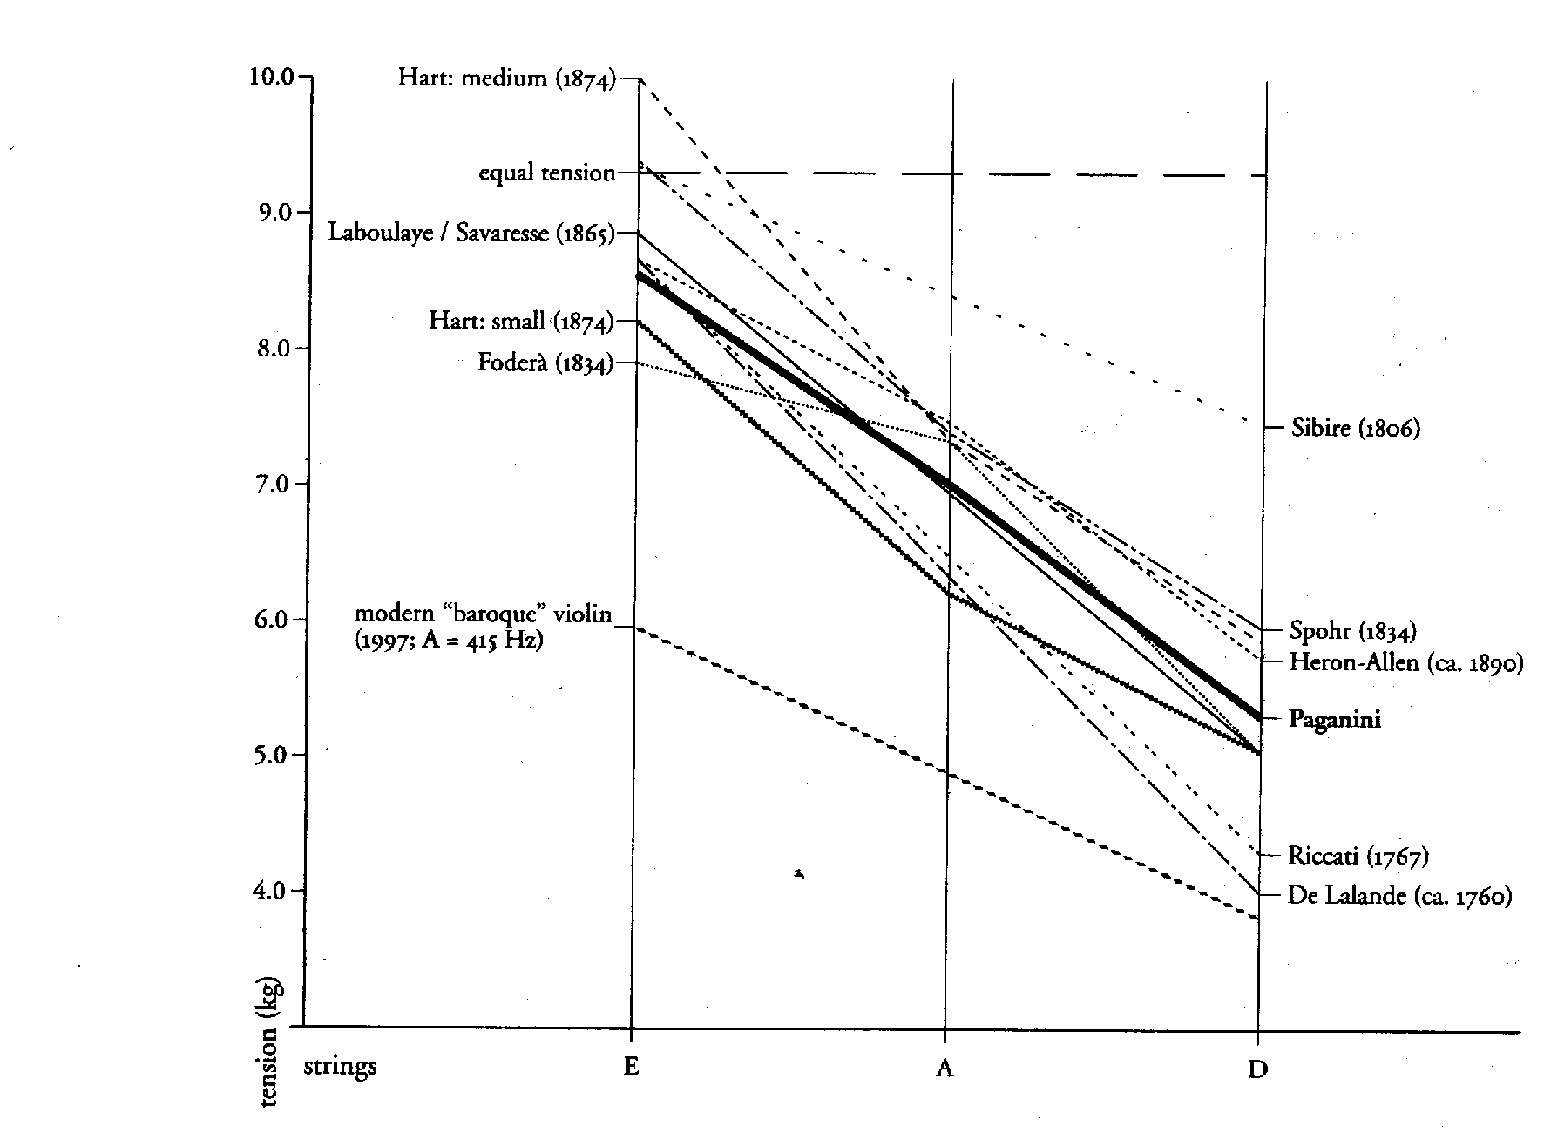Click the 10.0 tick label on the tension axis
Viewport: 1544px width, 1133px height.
272,76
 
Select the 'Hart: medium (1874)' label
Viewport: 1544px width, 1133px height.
506,78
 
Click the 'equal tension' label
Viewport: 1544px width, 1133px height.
546,173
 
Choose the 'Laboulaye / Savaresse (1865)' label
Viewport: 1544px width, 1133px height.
471,233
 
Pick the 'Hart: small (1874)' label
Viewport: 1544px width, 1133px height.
520,321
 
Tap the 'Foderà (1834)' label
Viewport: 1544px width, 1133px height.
544,362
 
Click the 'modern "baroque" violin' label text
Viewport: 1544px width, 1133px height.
484,614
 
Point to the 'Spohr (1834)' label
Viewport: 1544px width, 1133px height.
1351,630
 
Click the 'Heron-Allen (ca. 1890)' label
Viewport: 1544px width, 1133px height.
1405,662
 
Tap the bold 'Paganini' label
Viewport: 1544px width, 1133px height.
1334,719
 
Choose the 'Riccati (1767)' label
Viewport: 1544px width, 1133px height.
1358,856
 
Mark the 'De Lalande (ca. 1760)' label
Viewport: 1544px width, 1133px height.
1398,895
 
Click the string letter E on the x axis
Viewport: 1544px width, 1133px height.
631,1067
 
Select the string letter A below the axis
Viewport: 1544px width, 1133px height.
945,1068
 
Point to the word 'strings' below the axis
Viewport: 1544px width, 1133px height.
340,1066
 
